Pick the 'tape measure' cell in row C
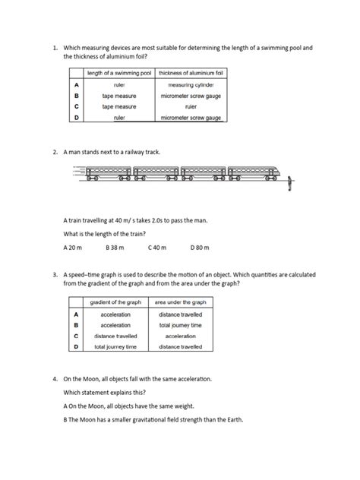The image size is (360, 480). coord(118,107)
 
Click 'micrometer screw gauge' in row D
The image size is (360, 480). coord(191,118)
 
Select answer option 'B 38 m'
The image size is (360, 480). coord(116,248)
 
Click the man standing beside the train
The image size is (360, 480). coord(291,183)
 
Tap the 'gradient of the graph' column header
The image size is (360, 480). coord(111,302)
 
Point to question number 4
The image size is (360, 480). coord(55,378)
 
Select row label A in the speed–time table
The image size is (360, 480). coord(76,314)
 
